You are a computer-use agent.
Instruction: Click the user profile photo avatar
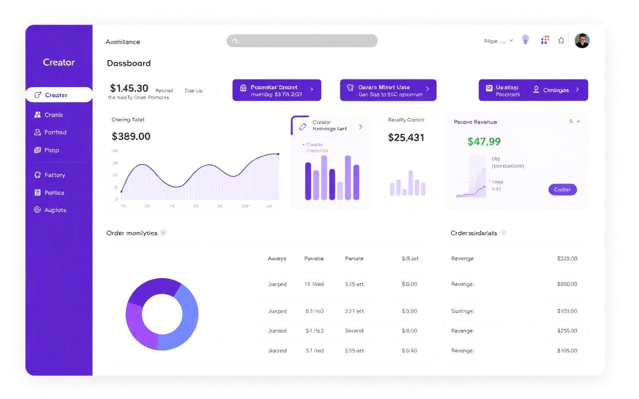(582, 41)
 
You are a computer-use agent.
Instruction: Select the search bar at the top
(302, 41)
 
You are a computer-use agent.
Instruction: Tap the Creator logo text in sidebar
(59, 62)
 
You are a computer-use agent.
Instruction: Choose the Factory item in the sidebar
(54, 175)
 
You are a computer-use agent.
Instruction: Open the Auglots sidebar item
(54, 210)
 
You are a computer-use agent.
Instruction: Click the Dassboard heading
(129, 63)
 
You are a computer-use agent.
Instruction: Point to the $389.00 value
(131, 136)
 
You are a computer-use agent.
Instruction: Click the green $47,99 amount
(484, 142)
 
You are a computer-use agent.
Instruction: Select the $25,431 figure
(406, 137)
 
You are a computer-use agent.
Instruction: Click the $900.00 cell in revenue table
(567, 284)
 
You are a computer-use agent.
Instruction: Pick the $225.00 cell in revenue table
(567, 259)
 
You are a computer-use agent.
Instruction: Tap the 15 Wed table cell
(314, 284)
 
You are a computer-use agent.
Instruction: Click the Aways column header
(277, 259)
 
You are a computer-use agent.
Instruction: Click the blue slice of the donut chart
(185, 319)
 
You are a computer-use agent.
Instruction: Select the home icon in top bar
(561, 41)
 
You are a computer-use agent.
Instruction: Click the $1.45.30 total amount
(129, 88)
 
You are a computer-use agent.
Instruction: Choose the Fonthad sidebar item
(55, 133)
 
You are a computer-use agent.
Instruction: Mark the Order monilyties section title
(132, 233)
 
